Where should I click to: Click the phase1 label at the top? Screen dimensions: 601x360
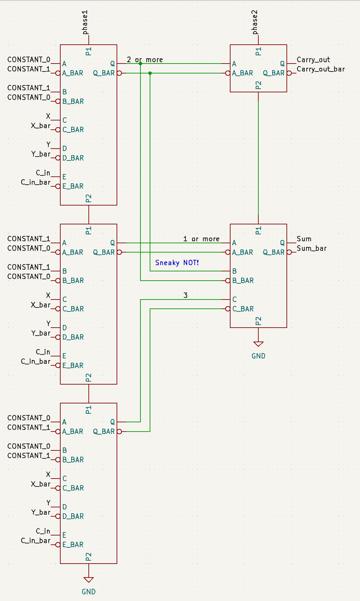coord(85,22)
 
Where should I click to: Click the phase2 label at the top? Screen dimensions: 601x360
coord(255,22)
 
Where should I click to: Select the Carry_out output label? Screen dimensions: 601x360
coord(313,60)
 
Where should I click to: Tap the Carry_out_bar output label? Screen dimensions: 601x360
coord(321,69)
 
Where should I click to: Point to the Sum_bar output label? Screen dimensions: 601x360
coord(311,249)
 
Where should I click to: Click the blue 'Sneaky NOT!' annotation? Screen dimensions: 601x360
coord(177,263)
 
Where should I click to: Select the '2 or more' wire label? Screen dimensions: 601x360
coord(145,60)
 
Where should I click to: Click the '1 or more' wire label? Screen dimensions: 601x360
coord(201,239)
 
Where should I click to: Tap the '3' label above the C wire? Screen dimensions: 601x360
coord(185,295)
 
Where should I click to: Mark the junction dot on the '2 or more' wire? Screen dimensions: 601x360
coord(140,64)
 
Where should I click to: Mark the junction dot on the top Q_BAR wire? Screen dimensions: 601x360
coord(150,73)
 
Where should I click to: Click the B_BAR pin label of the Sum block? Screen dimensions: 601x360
coord(243,281)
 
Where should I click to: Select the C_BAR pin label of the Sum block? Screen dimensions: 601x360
coord(243,309)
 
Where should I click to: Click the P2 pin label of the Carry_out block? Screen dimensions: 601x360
coord(259,85)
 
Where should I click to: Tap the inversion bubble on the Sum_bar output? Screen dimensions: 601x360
coord(289,252)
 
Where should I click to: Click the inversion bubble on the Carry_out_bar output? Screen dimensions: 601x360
coord(289,73)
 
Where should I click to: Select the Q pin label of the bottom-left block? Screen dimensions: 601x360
coord(113,422)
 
